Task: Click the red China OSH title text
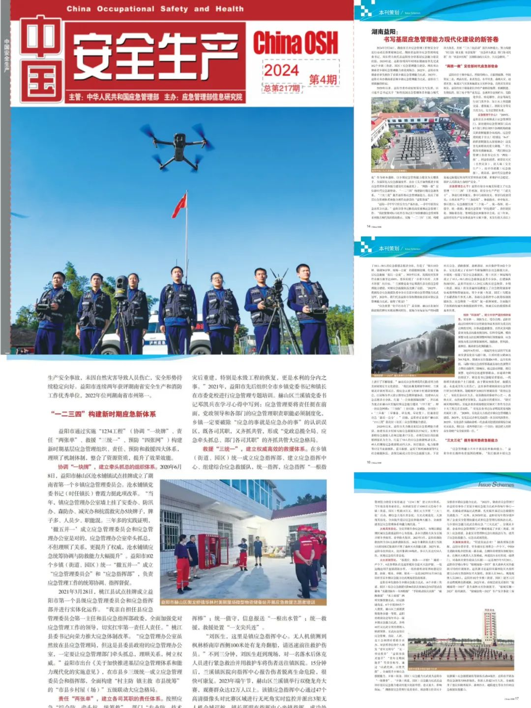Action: click(x=295, y=43)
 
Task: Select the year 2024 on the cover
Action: click(x=281, y=70)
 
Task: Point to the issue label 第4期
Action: click(x=323, y=79)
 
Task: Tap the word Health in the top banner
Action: click(x=229, y=9)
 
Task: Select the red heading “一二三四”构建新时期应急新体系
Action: click(x=103, y=414)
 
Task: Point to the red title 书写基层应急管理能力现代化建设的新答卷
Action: click(x=441, y=39)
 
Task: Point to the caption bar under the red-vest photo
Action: click(x=244, y=602)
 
